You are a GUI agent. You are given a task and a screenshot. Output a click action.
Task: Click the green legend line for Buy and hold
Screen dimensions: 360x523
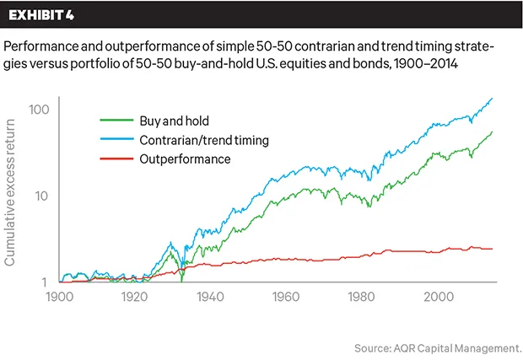[114, 120]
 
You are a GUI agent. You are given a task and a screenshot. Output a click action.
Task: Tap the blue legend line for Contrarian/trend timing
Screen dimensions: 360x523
[114, 139]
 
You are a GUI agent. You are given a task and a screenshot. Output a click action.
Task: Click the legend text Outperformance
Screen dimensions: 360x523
[186, 159]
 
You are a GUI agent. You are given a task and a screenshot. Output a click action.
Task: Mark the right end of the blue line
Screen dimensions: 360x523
[493, 99]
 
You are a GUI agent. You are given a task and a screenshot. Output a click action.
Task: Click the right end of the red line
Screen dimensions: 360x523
[493, 249]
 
